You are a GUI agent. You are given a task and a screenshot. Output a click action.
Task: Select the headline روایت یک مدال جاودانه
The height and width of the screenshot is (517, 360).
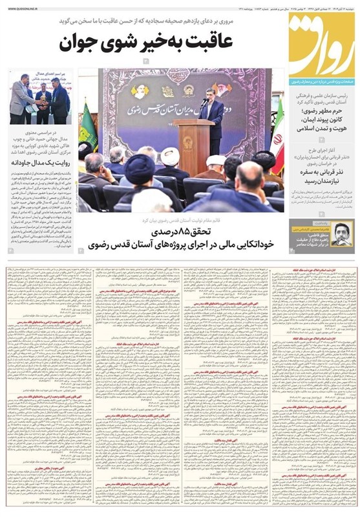click(x=41, y=163)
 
